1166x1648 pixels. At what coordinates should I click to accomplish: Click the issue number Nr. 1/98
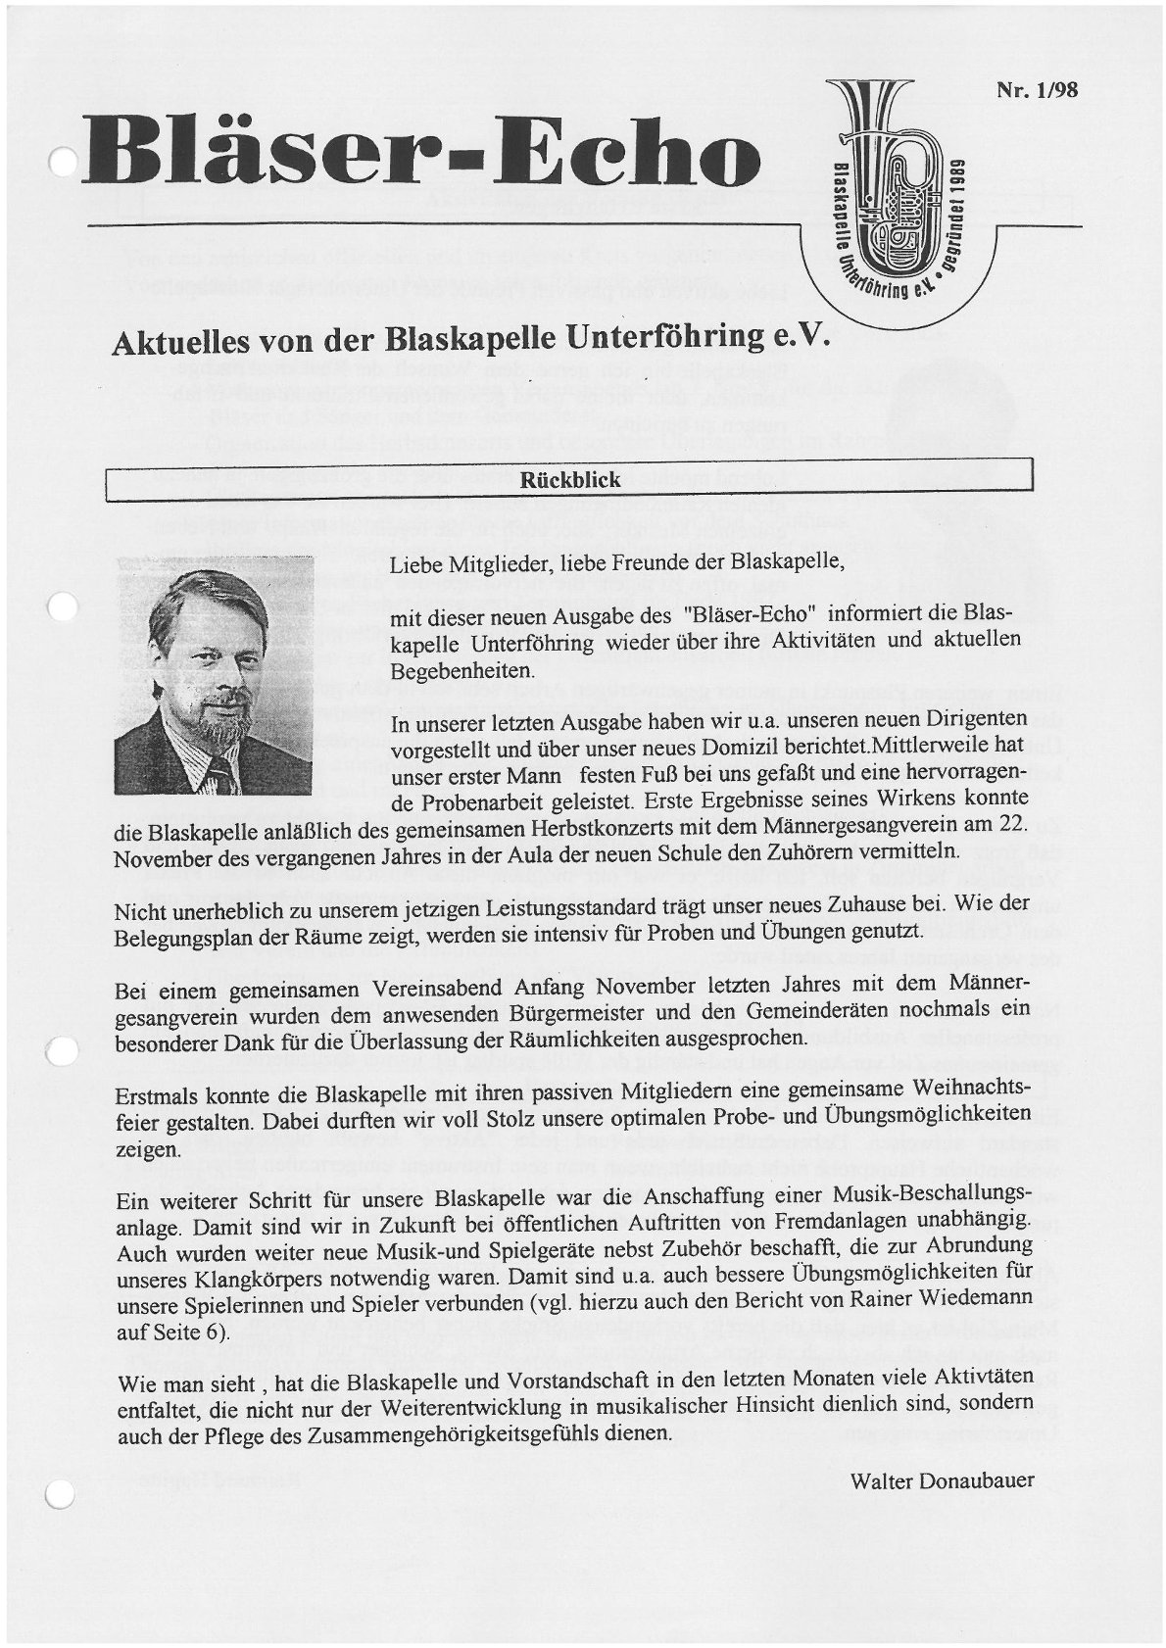(1038, 89)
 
